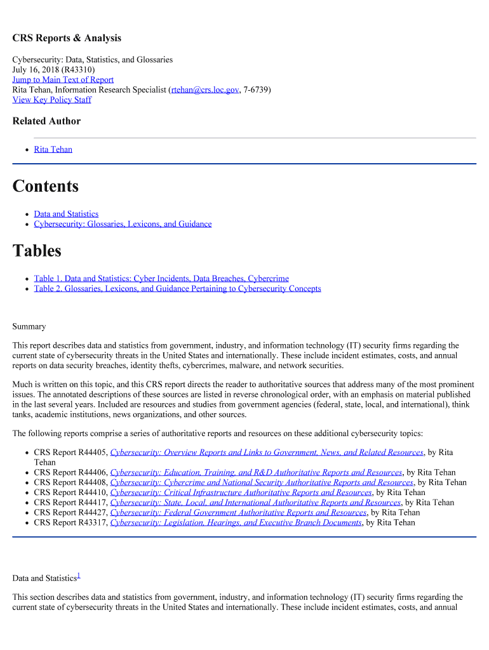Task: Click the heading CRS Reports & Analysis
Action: click(x=67, y=38)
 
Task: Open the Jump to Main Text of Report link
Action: click(x=63, y=79)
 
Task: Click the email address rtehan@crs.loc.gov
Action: click(x=204, y=90)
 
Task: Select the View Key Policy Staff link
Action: click(x=51, y=100)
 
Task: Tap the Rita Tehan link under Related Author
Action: click(x=53, y=149)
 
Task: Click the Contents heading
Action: click(x=46, y=187)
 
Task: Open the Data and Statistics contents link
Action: click(x=66, y=214)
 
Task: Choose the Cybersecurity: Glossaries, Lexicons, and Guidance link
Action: click(x=123, y=224)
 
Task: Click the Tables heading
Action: click(x=37, y=251)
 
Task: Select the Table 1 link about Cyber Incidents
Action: click(x=161, y=278)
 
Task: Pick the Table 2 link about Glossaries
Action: click(x=177, y=288)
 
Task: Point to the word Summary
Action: click(x=29, y=326)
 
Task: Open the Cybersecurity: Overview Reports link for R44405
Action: click(x=267, y=453)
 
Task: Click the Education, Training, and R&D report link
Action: click(x=256, y=472)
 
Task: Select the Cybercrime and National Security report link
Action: click(x=262, y=482)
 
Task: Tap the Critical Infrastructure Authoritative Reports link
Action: click(x=241, y=492)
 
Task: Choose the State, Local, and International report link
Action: click(x=255, y=502)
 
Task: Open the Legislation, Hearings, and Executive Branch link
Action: click(x=236, y=522)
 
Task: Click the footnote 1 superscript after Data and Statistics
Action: click(x=78, y=575)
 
